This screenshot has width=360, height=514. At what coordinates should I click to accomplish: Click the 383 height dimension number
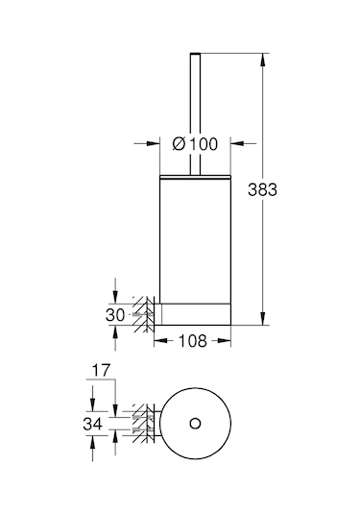(x=262, y=190)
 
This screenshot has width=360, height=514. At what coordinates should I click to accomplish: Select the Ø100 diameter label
(x=195, y=144)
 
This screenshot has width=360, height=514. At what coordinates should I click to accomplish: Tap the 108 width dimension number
(x=193, y=341)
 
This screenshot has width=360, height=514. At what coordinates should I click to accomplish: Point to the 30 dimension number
(x=115, y=315)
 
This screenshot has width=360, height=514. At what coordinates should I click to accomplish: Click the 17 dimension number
(x=101, y=371)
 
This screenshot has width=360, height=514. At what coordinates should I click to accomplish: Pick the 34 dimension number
(x=93, y=424)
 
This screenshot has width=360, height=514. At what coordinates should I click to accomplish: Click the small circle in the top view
(x=195, y=424)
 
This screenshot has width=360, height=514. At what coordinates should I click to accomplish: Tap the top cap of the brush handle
(x=195, y=54)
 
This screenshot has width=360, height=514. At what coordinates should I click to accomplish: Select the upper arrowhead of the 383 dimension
(x=262, y=60)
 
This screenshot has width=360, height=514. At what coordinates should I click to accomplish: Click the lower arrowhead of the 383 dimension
(x=262, y=318)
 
